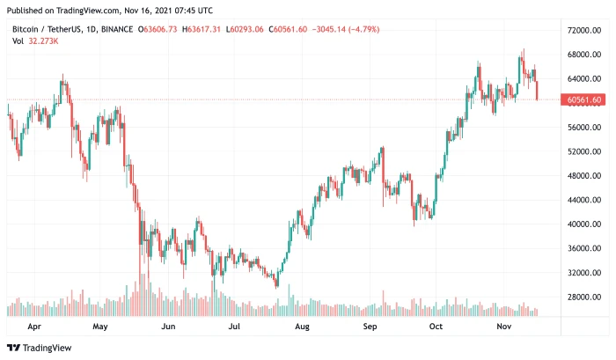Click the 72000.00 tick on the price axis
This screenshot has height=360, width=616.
tap(584, 30)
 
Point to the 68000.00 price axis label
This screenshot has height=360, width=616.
tap(584, 55)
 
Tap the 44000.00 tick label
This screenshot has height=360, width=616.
tap(584, 200)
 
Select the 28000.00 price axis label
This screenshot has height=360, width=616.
tap(584, 298)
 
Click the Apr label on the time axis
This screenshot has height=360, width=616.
tap(34, 326)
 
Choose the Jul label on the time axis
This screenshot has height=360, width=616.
tap(235, 326)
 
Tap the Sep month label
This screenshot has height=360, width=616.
tap(370, 326)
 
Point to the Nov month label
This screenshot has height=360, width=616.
tap(504, 326)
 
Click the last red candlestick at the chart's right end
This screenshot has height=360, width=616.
tap(537, 90)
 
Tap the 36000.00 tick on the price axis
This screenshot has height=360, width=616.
tap(584, 248)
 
